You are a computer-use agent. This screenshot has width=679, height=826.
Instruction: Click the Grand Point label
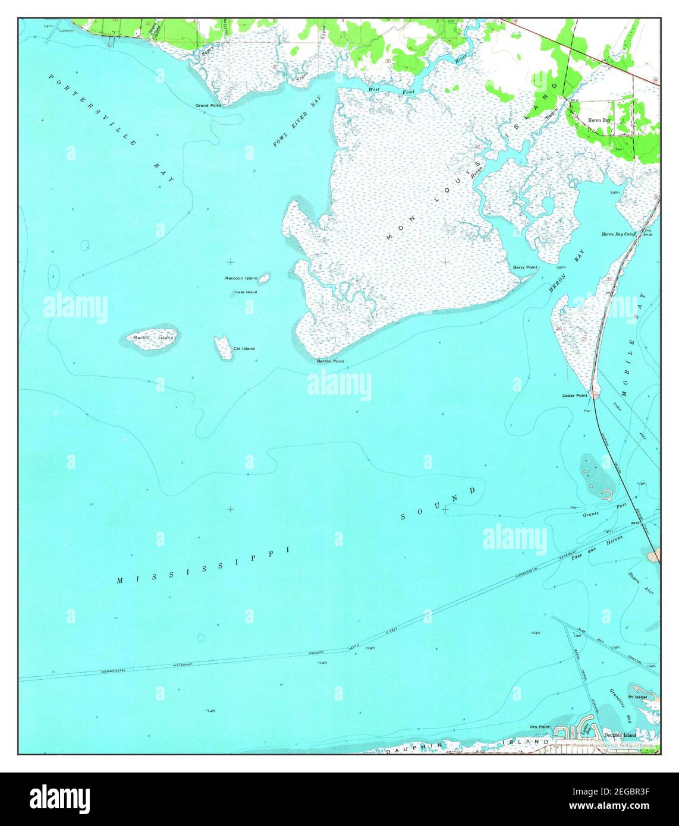coord(208,105)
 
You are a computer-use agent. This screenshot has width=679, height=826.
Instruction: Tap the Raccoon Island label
coord(241,278)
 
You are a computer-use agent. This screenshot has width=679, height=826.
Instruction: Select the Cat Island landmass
coord(223,348)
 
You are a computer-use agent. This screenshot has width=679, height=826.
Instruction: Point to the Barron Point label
coord(330,361)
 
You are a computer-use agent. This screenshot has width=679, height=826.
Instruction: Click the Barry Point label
coord(525,267)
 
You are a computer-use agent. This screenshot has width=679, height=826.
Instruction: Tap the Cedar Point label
coord(574,395)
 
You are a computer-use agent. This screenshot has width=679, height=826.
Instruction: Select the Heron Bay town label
coord(599,120)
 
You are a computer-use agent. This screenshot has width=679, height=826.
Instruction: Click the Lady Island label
coord(246,292)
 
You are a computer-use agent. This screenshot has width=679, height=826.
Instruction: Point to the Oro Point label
coord(540,727)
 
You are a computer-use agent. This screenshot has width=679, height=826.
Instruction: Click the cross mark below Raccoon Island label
coord(230,261)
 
